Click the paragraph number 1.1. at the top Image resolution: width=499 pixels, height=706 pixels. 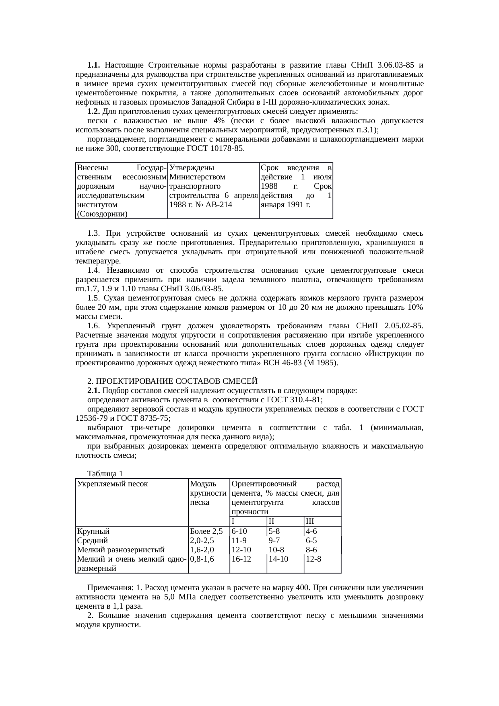(94, 65)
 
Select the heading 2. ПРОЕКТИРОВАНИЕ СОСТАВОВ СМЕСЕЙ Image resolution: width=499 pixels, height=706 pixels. (172, 381)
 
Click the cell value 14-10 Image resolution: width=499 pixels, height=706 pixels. (278, 559)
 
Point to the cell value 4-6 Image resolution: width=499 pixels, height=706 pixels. (311, 531)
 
